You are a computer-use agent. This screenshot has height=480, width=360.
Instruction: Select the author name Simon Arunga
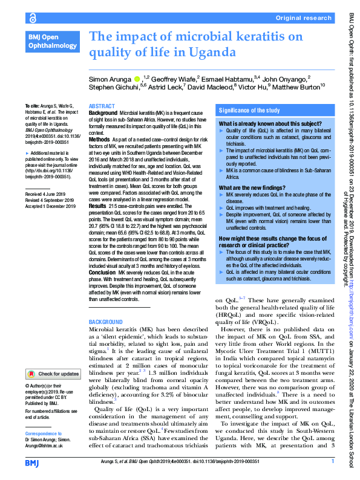tap(110, 78)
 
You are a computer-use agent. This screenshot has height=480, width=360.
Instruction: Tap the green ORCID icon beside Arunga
tap(137, 78)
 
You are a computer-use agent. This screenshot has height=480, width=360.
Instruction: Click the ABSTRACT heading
tap(102, 105)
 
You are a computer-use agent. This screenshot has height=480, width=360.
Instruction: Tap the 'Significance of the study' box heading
tap(249, 111)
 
